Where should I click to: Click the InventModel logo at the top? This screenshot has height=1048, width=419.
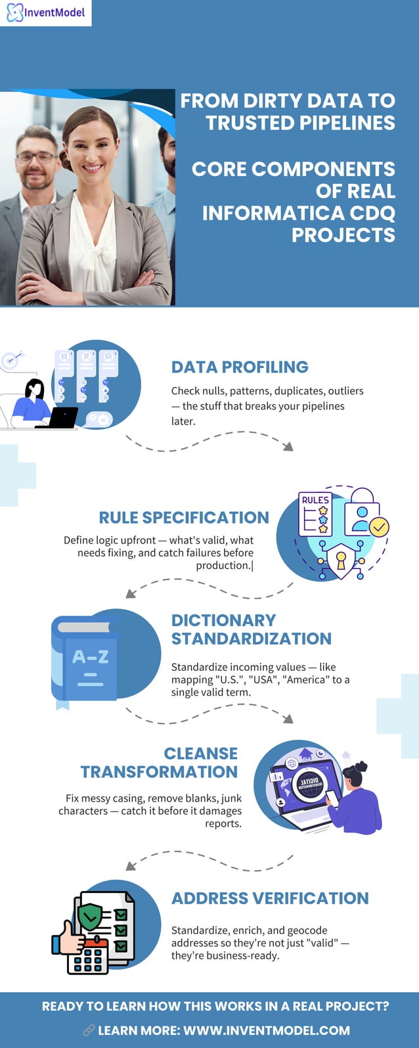[45, 12]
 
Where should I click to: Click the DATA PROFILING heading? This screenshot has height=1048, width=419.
[240, 367]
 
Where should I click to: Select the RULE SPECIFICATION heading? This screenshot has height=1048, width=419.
[184, 517]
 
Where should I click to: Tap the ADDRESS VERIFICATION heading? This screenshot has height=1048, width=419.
[270, 898]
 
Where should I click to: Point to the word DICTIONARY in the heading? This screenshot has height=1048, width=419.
[223, 620]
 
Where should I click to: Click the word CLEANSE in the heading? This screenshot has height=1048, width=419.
[200, 753]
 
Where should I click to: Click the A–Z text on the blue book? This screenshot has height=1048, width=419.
[90, 656]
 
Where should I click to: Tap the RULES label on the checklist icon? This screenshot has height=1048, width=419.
[315, 500]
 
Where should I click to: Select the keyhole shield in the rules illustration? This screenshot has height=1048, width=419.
[340, 560]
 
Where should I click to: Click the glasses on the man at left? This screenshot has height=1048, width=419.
[36, 157]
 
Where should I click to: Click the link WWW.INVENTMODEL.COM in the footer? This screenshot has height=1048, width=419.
[266, 1030]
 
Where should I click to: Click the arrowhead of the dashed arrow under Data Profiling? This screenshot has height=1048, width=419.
[288, 446]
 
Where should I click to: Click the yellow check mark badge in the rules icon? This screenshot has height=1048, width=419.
[379, 526]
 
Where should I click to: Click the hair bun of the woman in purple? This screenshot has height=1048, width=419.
[360, 767]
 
